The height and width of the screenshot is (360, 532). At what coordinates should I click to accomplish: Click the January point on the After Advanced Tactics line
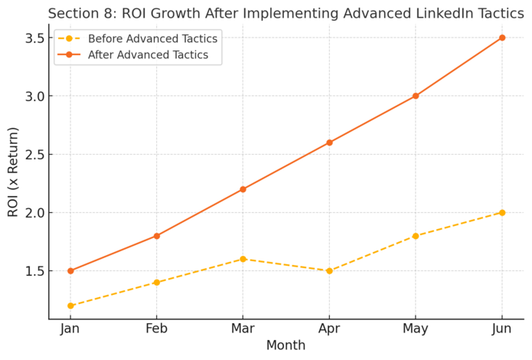click(x=70, y=270)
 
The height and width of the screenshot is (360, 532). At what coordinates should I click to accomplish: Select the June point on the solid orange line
click(x=502, y=38)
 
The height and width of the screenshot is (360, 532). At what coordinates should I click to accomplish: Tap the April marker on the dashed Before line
click(x=329, y=270)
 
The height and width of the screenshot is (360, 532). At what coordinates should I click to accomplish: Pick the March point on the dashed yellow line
click(x=243, y=259)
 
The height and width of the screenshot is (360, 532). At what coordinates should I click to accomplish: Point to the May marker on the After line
click(x=416, y=96)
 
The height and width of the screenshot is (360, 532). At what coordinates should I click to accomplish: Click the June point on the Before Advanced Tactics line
click(x=502, y=212)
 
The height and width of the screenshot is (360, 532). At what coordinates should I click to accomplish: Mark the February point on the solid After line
click(x=157, y=236)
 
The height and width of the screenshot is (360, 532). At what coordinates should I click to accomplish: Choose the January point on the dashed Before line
click(x=70, y=306)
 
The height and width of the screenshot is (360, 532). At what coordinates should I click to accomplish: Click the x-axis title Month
click(x=286, y=346)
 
